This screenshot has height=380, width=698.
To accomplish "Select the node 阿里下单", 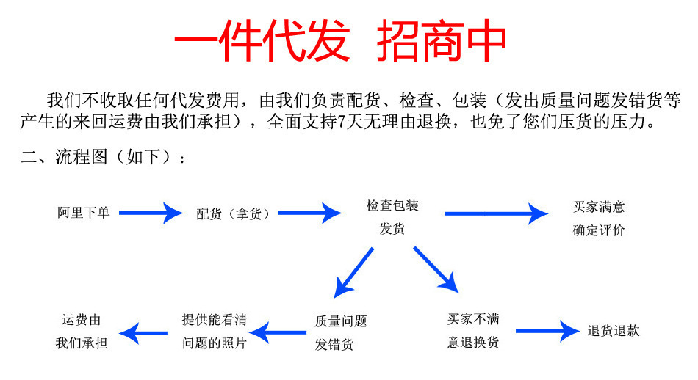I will tap(84, 213).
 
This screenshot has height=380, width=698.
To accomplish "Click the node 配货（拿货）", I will tap(233, 214).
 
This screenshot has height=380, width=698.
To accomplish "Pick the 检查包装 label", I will tap(392, 205).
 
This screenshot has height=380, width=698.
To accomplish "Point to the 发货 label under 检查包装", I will tap(392, 229).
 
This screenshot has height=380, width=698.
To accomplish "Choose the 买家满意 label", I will tap(599, 207).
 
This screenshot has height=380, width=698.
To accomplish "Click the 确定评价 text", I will tap(599, 230).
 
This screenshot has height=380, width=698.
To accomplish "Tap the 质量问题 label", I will tap(341, 321).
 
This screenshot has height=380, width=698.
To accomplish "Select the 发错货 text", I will tap(334, 345).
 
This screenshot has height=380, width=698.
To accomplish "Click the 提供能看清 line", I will tap(215, 319).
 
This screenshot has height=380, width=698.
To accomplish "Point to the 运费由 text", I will tap(82, 320).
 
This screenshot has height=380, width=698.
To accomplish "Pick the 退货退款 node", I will tap(614, 331).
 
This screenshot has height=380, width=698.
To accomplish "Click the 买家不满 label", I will tap(473, 319).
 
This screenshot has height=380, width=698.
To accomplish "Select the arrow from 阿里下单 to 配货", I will tap(150, 213).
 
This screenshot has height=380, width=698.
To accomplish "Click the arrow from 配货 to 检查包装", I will tap(309, 213).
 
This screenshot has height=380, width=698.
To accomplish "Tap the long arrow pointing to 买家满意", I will tap(496, 213).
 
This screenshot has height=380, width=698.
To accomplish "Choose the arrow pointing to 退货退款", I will tap(547, 331).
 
